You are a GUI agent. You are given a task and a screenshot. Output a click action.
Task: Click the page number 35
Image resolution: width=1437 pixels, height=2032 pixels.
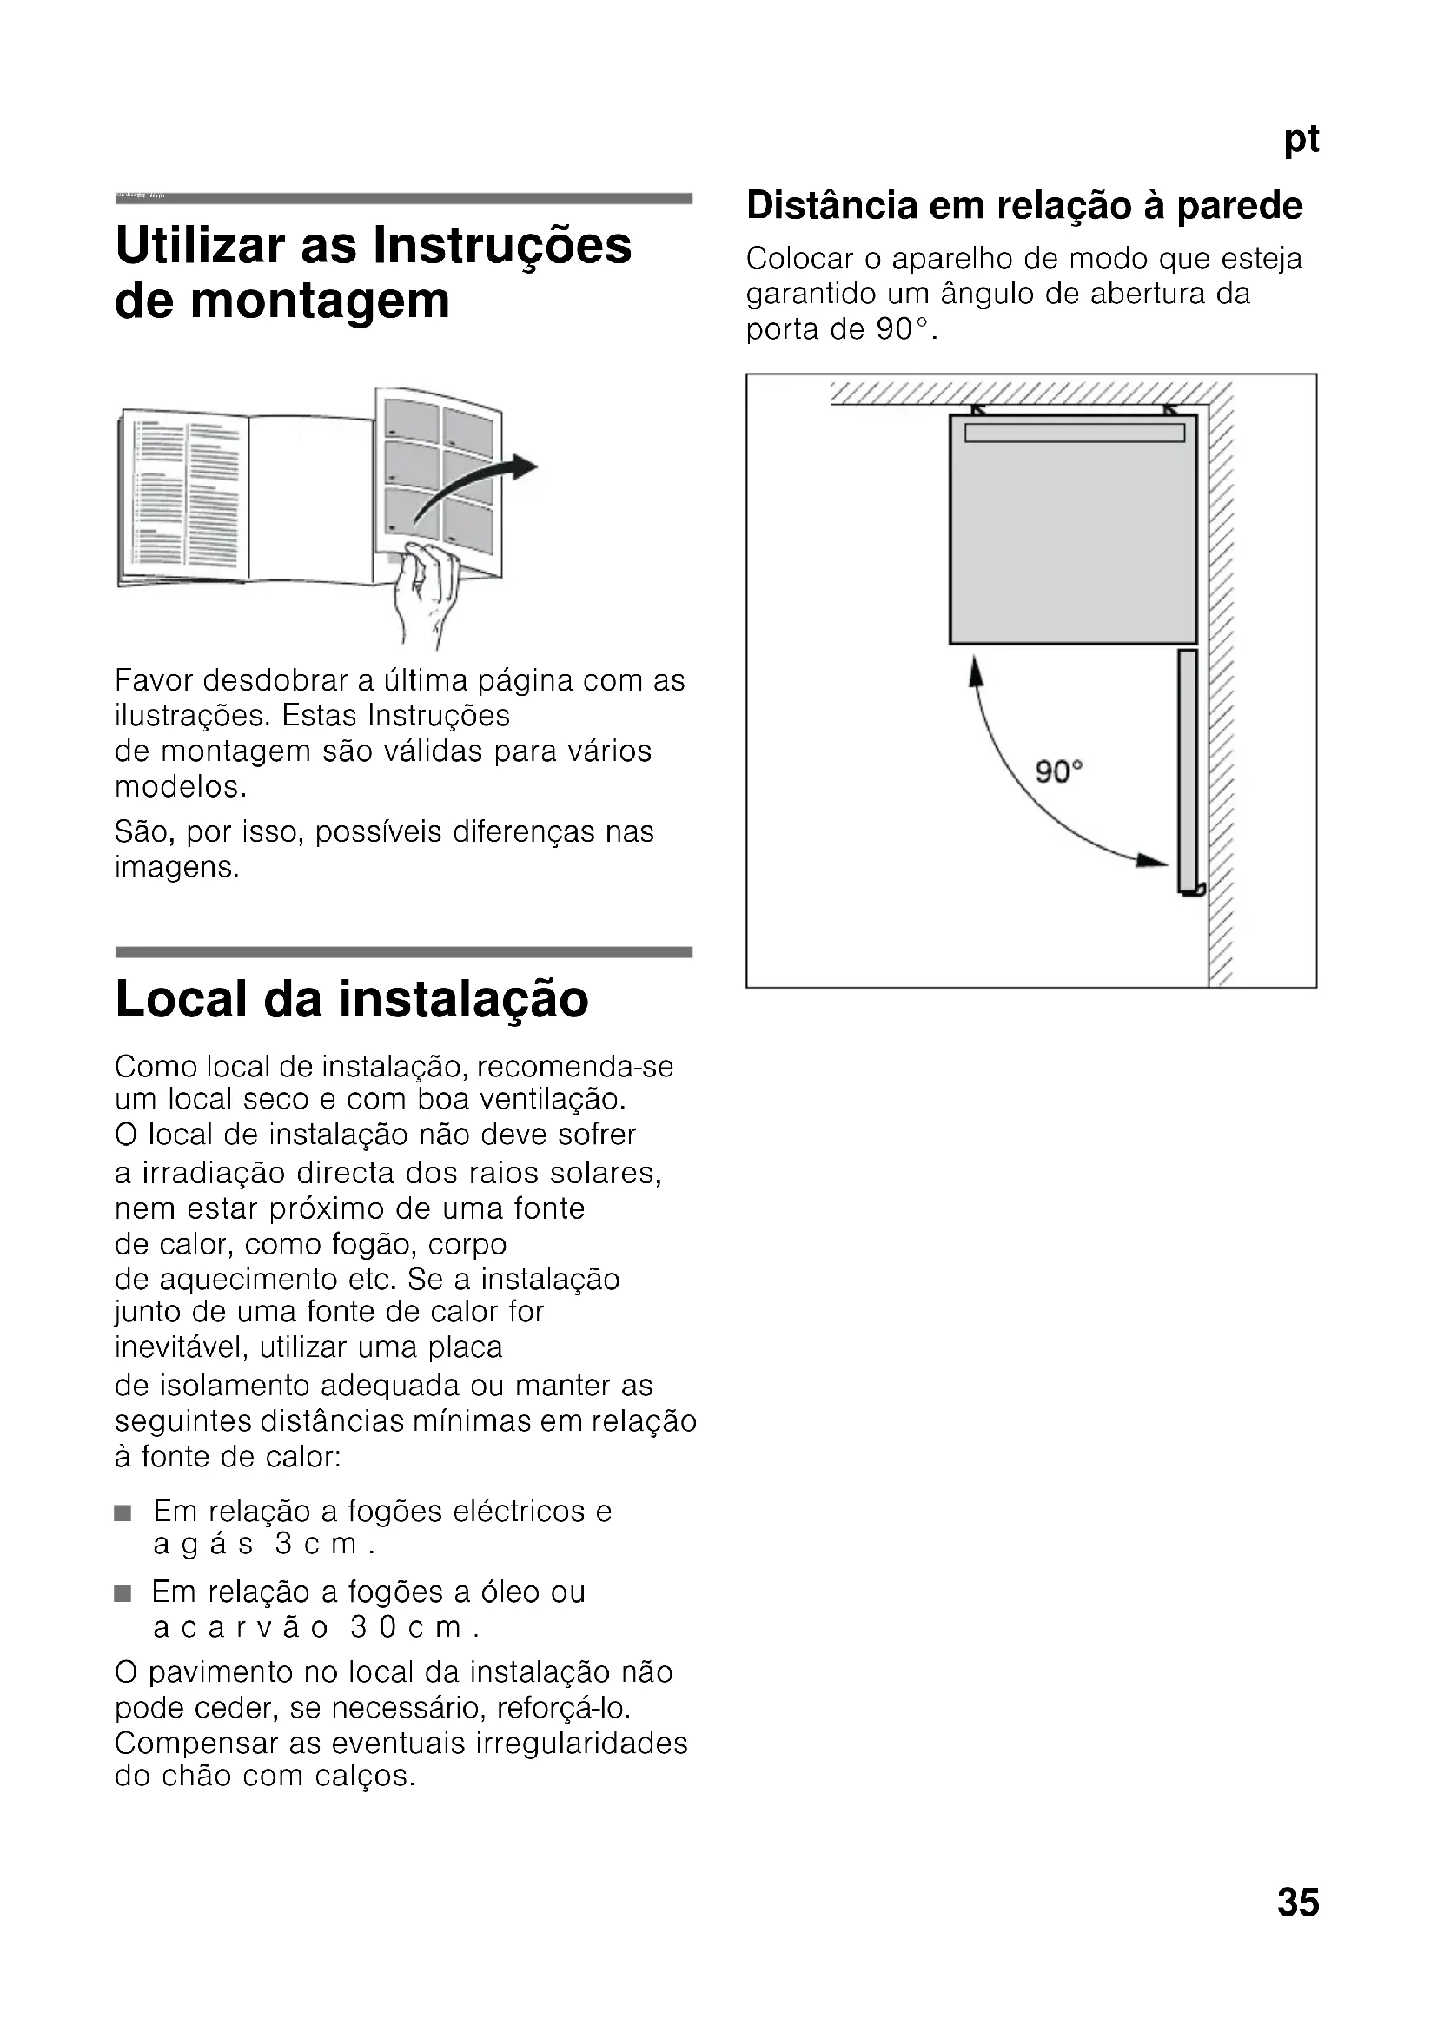pos(1297,1902)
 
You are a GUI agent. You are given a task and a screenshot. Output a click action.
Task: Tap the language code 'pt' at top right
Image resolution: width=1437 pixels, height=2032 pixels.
pos(1301,139)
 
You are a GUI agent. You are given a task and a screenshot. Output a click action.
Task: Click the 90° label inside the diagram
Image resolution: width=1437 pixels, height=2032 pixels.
pos(1059,771)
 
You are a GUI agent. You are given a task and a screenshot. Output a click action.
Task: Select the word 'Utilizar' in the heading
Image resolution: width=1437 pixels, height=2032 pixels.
pos(201,245)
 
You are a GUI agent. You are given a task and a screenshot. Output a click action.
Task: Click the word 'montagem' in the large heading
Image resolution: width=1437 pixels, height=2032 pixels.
pos(320,301)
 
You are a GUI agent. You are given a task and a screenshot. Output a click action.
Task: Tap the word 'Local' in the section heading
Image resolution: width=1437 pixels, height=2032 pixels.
pos(182,999)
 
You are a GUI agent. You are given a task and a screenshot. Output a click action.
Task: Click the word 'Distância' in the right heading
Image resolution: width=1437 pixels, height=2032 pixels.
pos(831,205)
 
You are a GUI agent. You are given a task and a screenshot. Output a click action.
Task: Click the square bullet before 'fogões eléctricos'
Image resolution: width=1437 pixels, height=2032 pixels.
pos(123,1512)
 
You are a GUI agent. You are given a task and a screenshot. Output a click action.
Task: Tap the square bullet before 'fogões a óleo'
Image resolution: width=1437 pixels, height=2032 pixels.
pos(123,1594)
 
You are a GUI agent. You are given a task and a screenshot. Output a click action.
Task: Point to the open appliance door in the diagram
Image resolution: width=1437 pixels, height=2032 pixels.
pos(1188,770)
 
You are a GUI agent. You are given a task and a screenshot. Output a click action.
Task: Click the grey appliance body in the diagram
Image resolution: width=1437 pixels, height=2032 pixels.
pos(1072,539)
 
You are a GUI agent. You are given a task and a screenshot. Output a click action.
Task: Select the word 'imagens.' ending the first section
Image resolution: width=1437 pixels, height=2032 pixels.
pos(177,867)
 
